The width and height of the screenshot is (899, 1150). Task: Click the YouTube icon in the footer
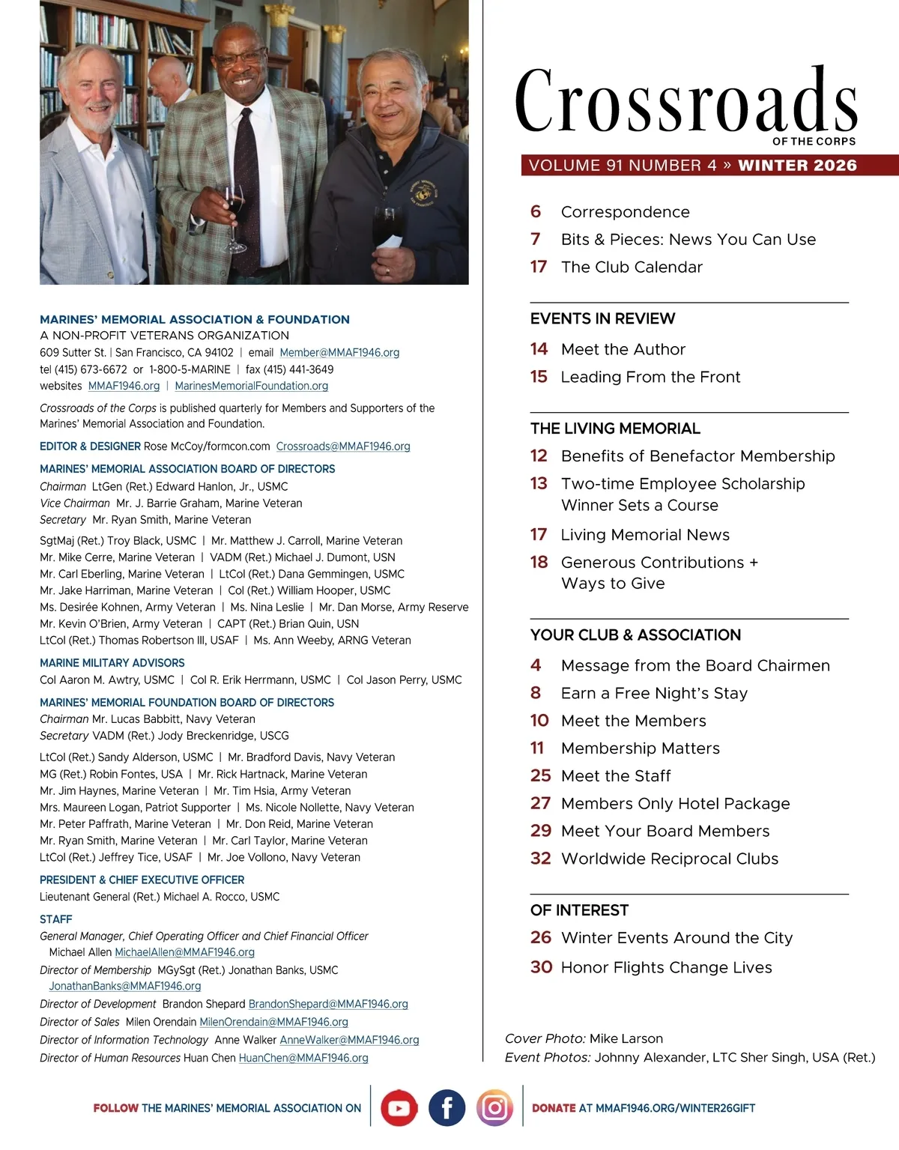coord(399,1108)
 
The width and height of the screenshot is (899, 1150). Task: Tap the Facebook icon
coord(447,1108)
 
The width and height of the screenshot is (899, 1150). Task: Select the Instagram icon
coord(494,1108)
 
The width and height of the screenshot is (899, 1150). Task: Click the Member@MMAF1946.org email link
coord(339,352)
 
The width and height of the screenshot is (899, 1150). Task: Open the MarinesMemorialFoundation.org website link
coord(251,386)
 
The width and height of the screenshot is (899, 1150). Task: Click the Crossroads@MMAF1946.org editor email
coord(343,447)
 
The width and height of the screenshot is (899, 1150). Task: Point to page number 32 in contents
coord(540,859)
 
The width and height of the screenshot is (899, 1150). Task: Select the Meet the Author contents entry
coord(623,349)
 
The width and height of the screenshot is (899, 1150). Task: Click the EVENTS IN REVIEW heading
coord(602,318)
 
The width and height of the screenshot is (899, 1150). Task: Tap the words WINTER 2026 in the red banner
coord(797,166)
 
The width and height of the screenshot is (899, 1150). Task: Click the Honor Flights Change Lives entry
coord(666,967)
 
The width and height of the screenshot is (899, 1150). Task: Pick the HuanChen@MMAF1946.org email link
coord(303,1058)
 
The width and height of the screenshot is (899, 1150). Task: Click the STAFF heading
coord(56,919)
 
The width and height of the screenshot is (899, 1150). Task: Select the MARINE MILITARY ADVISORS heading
coord(112,663)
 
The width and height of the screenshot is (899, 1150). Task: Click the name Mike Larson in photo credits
coord(626,1038)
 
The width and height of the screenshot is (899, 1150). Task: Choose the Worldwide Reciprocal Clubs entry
coord(670,859)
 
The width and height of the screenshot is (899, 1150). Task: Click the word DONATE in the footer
coord(554,1108)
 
